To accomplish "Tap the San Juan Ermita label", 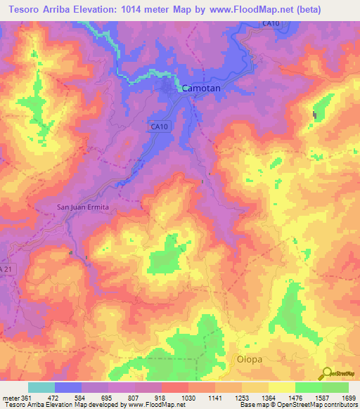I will point(82,207).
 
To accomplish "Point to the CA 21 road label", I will point(6,269).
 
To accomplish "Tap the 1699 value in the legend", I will point(349,398).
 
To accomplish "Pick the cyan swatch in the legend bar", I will point(41,387).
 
